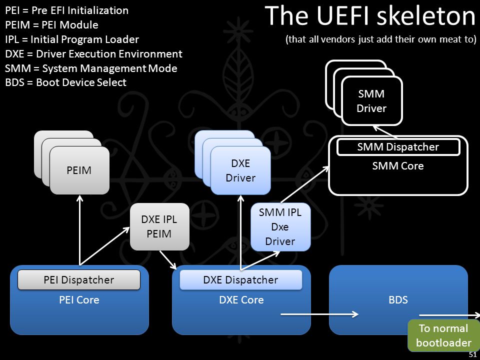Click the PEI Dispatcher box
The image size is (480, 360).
tap(79, 280)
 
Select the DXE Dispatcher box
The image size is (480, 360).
tap(240, 280)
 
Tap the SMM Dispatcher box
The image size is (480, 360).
tap(398, 147)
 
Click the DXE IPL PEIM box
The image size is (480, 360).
tap(159, 227)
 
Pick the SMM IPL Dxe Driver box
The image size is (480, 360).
tap(280, 227)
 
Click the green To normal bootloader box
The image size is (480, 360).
tap(443, 335)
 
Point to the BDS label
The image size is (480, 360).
tap(398, 299)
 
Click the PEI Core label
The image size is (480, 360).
tap(79, 299)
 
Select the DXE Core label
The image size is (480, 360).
tap(241, 299)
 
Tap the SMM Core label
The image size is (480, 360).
tap(398, 166)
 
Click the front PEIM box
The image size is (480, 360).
tap(79, 170)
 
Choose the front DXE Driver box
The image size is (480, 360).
tap(240, 170)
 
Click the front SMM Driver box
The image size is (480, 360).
tap(371, 100)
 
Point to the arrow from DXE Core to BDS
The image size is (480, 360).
tap(319, 314)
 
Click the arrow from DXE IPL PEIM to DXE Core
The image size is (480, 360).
tap(168, 260)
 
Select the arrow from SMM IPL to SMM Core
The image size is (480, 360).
tap(305, 184)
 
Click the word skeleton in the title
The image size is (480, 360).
tap(426, 16)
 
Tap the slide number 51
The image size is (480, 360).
tap(472, 355)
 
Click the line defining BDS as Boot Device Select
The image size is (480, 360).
tap(66, 82)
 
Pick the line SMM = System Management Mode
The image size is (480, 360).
tap(91, 68)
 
